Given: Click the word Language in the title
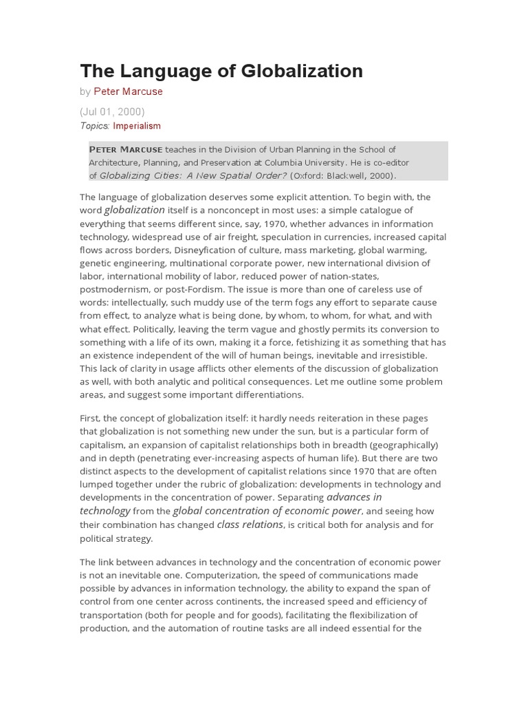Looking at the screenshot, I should [x=162, y=71].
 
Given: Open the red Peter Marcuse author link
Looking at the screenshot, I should [x=129, y=91].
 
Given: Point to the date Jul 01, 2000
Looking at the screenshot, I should [x=112, y=111].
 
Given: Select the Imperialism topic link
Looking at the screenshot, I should [x=137, y=126].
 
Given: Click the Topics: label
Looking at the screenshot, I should [x=95, y=126].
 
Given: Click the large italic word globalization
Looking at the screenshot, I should [x=135, y=210].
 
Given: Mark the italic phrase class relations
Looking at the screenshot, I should [x=250, y=525].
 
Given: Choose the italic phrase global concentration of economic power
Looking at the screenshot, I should [x=267, y=511].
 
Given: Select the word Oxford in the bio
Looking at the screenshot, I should [x=307, y=176].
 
